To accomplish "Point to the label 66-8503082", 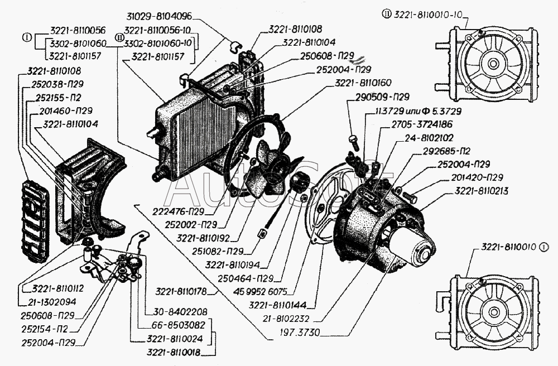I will tap(177, 325).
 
